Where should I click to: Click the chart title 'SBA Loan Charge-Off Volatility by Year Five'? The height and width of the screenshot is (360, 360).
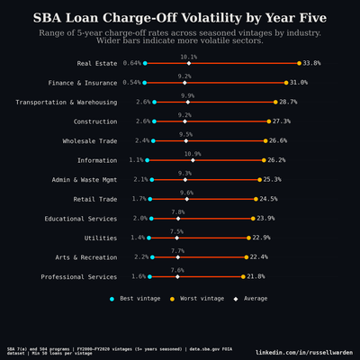pos(180,17)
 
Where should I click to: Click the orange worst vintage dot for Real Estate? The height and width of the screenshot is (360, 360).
pos(299,63)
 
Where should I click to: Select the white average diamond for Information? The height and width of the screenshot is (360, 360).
pos(192,160)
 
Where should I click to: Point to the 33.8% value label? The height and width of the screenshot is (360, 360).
pos(312,64)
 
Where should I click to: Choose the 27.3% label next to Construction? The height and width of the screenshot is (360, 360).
pos(282,121)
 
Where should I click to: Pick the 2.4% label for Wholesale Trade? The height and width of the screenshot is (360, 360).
pos(142,141)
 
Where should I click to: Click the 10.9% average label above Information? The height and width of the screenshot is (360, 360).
pos(192,154)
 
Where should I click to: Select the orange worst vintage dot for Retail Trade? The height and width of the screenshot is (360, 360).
pos(256,199)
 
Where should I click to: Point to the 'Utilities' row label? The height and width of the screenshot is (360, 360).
pos(100,238)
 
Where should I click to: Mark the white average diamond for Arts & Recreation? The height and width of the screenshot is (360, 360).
pos(177,257)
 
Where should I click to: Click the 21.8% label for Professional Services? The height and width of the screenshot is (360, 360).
pos(256,277)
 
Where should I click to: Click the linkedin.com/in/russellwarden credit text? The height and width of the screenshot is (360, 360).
pos(304,352)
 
